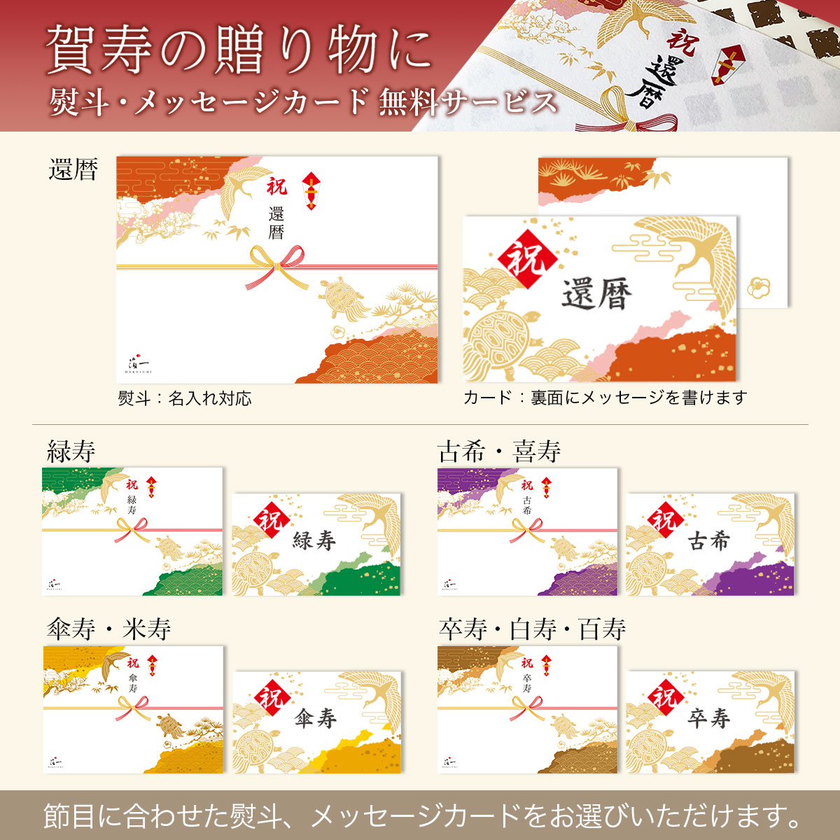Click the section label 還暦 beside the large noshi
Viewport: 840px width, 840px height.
point(73,169)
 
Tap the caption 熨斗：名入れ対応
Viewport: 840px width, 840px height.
point(185,398)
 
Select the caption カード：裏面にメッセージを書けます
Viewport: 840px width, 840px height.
point(605,397)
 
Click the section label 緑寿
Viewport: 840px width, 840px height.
point(71,451)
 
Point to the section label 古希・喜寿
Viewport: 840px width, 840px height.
point(499,451)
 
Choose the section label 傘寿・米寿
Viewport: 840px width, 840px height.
point(108,629)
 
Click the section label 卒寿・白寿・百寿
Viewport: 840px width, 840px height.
point(532,629)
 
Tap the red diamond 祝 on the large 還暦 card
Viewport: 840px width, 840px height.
point(528,260)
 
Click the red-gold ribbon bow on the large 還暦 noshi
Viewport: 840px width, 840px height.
point(277,267)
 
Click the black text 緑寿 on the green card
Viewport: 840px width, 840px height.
point(314,541)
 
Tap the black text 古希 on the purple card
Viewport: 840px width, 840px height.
point(709,541)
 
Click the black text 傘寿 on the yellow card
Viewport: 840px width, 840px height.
point(315,719)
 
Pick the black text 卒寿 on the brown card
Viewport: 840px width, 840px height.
point(709,719)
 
